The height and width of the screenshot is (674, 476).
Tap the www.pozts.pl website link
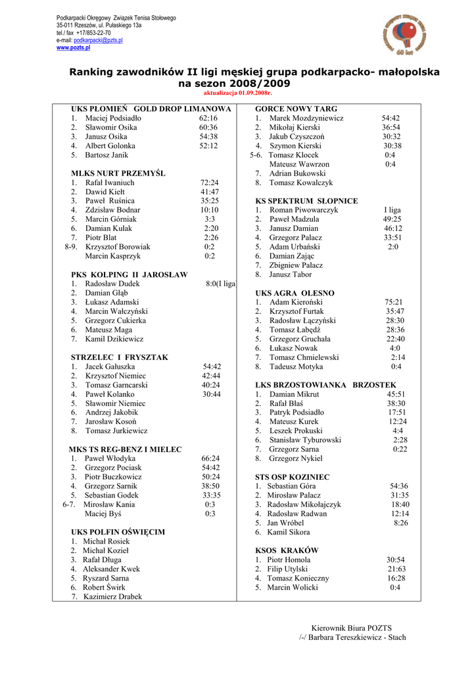click(x=73, y=47)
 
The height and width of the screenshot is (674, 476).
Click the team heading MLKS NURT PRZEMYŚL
click(x=118, y=173)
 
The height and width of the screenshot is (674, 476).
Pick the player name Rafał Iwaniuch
click(x=110, y=182)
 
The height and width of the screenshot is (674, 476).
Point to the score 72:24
click(x=210, y=182)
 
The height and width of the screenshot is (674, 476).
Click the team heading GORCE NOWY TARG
click(x=296, y=109)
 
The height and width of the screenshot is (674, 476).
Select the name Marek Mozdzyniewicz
click(x=306, y=118)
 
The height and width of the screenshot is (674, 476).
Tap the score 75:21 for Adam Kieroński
click(x=394, y=302)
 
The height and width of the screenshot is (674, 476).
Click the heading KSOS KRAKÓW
click(x=287, y=550)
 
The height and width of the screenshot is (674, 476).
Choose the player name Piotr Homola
click(x=289, y=559)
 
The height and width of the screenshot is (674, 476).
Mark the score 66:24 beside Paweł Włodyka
click(x=210, y=458)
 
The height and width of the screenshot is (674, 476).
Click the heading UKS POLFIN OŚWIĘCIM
click(x=118, y=532)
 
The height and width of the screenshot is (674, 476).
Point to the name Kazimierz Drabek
click(x=112, y=596)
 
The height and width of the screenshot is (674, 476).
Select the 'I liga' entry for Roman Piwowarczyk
click(x=393, y=210)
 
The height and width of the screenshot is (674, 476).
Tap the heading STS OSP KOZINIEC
click(x=293, y=477)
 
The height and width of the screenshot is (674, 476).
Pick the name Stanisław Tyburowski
click(x=306, y=440)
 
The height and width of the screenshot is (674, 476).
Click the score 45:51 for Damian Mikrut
click(x=396, y=394)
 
